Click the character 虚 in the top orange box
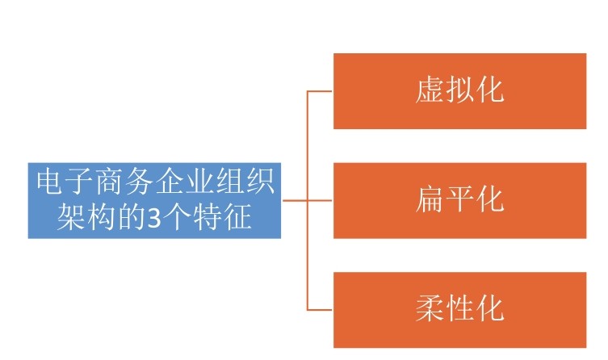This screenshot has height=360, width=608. coord(430,90)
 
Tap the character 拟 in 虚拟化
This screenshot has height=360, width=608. coord(460,90)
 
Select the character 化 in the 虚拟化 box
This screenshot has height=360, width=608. coord(490,90)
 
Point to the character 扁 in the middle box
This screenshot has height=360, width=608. coord(430,199)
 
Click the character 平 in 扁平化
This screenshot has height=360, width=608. coord(460,199)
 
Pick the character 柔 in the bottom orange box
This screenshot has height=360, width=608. coord(430,309)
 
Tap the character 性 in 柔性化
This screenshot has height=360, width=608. coord(460,309)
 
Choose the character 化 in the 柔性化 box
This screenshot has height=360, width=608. coord(490,309)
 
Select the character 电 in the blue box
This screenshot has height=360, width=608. coord(50,184)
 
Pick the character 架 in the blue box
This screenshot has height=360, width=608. coord(69,217)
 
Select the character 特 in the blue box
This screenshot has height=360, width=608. coord(208,217)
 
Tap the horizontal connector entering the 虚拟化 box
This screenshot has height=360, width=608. coord(320,91)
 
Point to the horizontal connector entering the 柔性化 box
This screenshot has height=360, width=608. coord(320,310)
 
